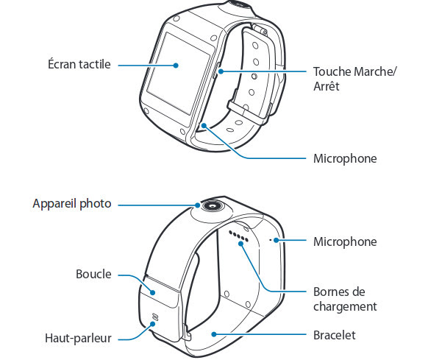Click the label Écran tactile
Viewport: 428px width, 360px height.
click(79, 64)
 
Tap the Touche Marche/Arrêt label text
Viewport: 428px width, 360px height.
click(354, 79)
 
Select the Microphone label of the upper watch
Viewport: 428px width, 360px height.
click(345, 159)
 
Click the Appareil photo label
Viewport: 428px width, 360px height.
click(72, 204)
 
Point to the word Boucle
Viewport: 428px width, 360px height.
click(93, 274)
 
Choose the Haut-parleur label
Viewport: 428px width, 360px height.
click(79, 338)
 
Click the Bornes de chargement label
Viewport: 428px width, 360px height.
click(345, 299)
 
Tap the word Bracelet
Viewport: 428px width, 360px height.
click(335, 335)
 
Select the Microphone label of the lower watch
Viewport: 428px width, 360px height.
click(345, 242)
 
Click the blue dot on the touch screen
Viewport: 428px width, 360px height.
click(176, 66)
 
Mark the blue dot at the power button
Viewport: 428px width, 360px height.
click(221, 71)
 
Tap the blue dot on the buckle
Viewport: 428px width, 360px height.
click(153, 293)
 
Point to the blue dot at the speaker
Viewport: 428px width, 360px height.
click(153, 324)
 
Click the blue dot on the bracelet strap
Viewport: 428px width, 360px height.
click(214, 334)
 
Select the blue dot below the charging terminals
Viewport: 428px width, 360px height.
click(240, 244)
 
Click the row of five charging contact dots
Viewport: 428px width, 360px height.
click(239, 236)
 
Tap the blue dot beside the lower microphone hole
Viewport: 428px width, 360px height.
click(277, 240)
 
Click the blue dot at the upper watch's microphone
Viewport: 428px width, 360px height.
click(204, 125)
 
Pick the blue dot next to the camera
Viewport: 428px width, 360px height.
click(198, 205)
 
